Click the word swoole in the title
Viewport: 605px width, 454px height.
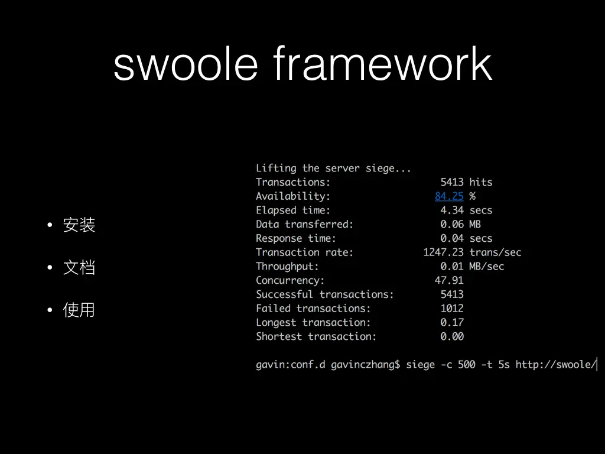[186, 63]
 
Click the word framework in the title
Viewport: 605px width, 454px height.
[383, 63]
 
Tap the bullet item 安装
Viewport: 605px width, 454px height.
[79, 225]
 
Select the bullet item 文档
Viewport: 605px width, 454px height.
[79, 267]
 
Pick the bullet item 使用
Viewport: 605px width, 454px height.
[79, 310]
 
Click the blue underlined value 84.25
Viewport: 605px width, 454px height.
[449, 196]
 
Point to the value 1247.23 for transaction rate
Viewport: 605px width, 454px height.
[443, 252]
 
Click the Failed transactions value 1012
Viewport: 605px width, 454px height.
[452, 308]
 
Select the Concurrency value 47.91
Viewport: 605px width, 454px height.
[449, 280]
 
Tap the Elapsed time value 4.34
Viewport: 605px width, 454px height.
[452, 210]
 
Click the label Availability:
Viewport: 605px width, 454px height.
[293, 196]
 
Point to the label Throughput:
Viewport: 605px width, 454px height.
[288, 267]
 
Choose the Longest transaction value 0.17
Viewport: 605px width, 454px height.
[452, 322]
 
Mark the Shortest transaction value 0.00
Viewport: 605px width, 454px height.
[452, 336]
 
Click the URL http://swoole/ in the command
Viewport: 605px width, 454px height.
[556, 364]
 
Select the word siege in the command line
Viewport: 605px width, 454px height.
[421, 365]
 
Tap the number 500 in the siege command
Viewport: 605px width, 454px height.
[467, 364]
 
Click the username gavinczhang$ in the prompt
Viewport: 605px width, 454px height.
[365, 365]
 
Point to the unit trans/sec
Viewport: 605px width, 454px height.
[496, 252]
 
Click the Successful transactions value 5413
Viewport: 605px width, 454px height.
[452, 294]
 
